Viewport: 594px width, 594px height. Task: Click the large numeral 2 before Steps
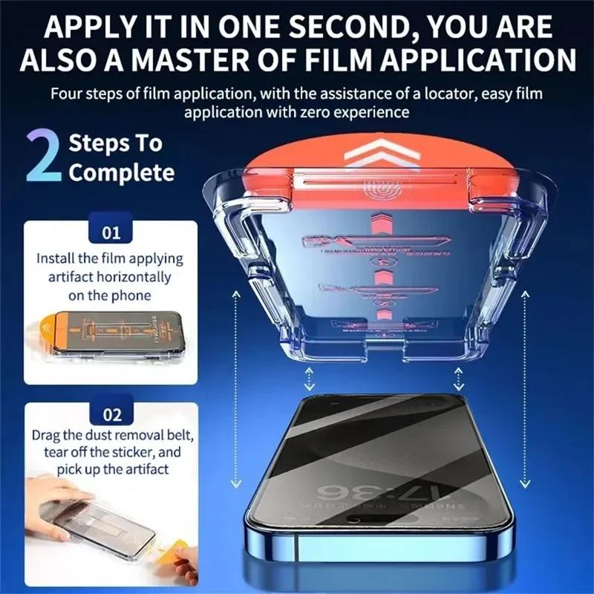[x=42, y=157]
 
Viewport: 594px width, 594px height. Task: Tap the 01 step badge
[x=111, y=233]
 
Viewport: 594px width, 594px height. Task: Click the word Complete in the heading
[x=122, y=173]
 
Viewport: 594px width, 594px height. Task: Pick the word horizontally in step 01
[x=133, y=277]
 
